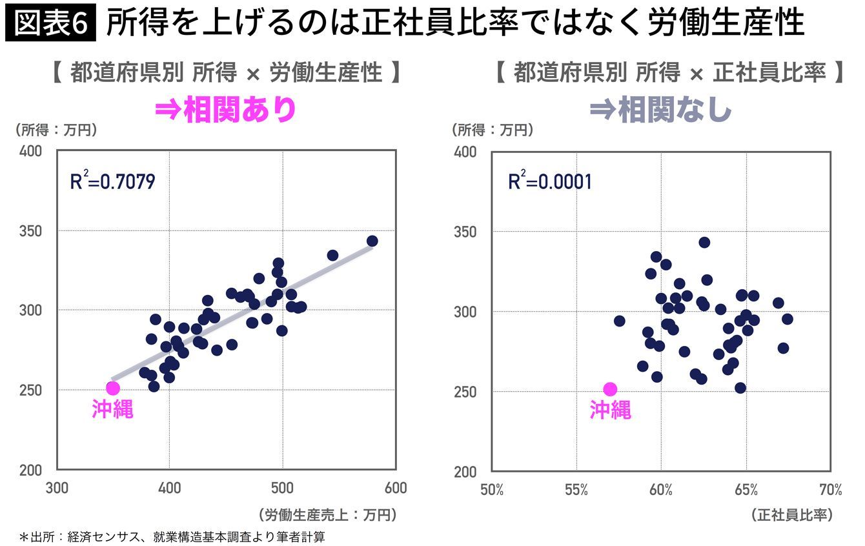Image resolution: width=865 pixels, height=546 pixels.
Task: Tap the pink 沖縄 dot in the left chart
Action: pyautogui.click(x=113, y=388)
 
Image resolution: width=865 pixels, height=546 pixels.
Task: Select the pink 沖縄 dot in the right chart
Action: pyautogui.click(x=610, y=389)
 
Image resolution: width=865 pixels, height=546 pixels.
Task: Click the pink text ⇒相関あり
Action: pyautogui.click(x=225, y=110)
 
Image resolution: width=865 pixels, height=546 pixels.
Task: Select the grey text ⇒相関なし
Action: pyautogui.click(x=661, y=110)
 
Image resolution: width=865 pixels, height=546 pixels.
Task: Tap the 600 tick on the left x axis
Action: pyautogui.click(x=396, y=488)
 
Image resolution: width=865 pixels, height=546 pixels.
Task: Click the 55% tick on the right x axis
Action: pyautogui.click(x=576, y=490)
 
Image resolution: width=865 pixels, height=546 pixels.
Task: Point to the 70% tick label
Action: pyautogui.click(x=831, y=490)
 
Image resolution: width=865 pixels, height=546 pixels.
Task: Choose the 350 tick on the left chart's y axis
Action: pyautogui.click(x=30, y=231)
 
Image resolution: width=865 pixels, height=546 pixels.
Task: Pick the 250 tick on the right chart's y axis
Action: pyautogui.click(x=465, y=392)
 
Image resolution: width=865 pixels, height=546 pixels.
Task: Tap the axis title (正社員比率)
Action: pyautogui.click(x=791, y=515)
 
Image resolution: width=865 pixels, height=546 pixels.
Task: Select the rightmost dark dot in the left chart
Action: pyautogui.click(x=372, y=241)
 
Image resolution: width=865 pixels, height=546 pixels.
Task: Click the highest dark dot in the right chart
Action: pyautogui.click(x=704, y=243)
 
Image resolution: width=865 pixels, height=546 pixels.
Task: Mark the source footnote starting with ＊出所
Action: pyautogui.click(x=172, y=537)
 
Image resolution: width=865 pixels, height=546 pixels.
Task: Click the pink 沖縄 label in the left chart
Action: pyautogui.click(x=113, y=409)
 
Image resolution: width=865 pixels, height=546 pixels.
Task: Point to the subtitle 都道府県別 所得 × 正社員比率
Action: pyautogui.click(x=669, y=72)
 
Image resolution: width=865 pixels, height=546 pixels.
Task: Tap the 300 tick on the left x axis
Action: pyautogui.click(x=57, y=488)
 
